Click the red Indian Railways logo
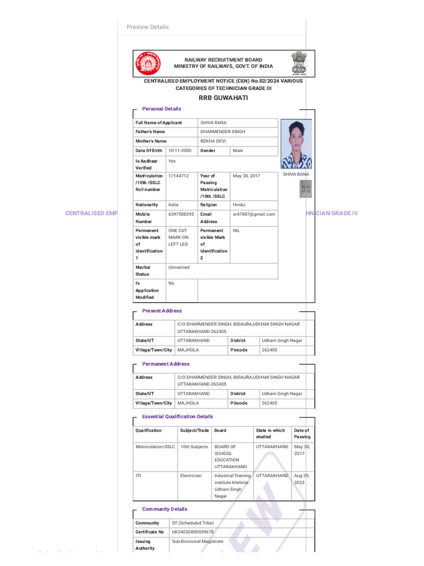pyautogui.click(x=147, y=64)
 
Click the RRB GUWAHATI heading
pyautogui.click(x=223, y=98)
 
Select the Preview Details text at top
pyautogui.click(x=147, y=27)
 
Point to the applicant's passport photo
pyautogui.click(x=296, y=144)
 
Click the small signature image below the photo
pyautogui.click(x=305, y=190)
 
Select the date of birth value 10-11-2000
pyautogui.click(x=180, y=150)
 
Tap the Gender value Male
pyautogui.click(x=238, y=150)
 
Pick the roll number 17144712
pyautogui.click(x=178, y=176)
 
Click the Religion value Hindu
pyautogui.click(x=239, y=205)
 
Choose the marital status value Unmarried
pyautogui.click(x=179, y=267)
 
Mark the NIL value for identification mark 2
pyautogui.click(x=236, y=230)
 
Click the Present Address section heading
pyautogui.click(x=162, y=311)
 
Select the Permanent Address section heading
pyautogui.click(x=166, y=364)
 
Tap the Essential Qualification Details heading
pyautogui.click(x=177, y=416)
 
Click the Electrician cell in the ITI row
pyautogui.click(x=191, y=475)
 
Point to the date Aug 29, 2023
pyautogui.click(x=301, y=479)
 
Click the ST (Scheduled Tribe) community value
pyautogui.click(x=193, y=522)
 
